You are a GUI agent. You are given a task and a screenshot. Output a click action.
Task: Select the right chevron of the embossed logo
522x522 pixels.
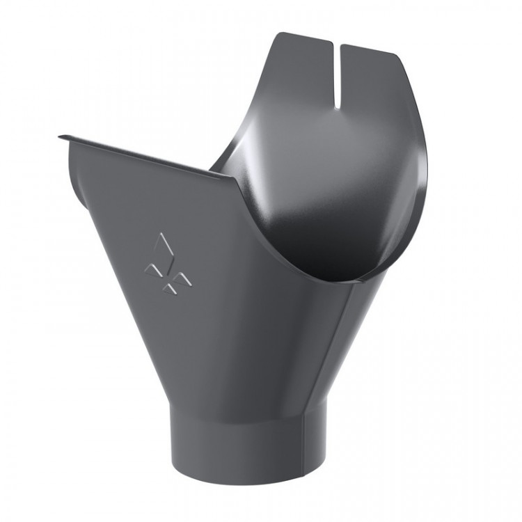pyautogui.click(x=182, y=279)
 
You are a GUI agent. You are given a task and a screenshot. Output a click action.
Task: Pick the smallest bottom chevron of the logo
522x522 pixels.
pyautogui.click(x=167, y=287)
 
